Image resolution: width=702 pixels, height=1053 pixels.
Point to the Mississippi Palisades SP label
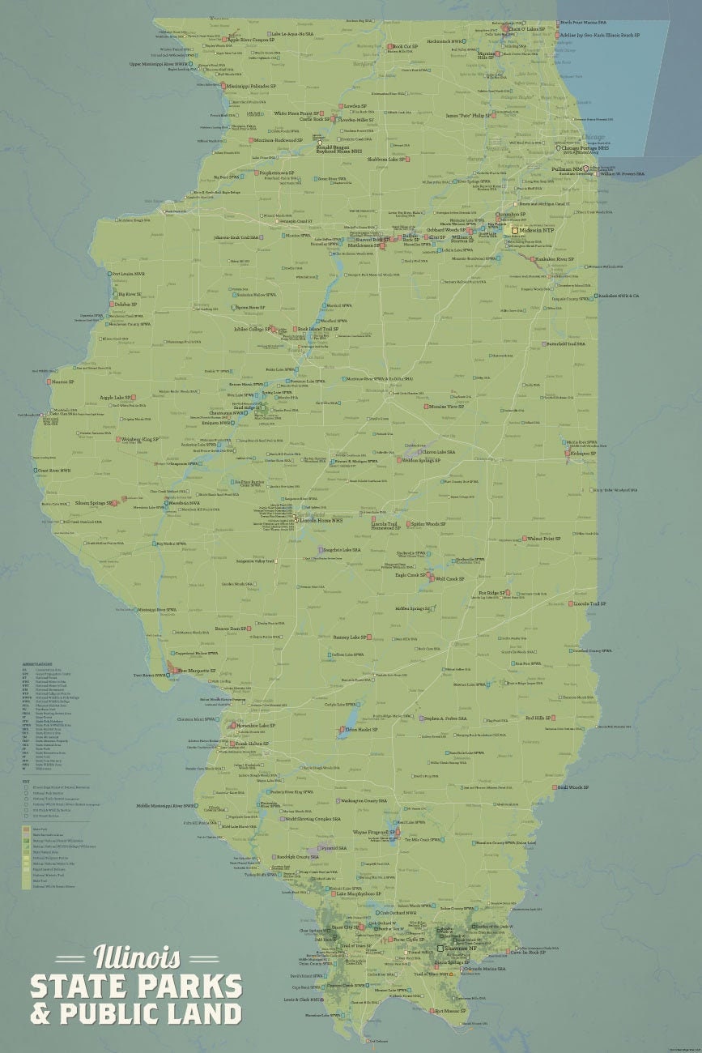(x=252, y=85)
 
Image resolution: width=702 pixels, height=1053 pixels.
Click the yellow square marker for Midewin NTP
(x=514, y=231)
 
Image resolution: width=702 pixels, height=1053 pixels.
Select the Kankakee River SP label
(x=554, y=259)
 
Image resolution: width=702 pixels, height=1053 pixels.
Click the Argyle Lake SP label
(x=116, y=398)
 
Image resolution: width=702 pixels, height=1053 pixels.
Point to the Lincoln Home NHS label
(x=321, y=520)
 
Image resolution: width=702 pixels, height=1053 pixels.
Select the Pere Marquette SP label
(x=199, y=671)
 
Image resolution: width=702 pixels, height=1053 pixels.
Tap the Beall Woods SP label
(x=572, y=787)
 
